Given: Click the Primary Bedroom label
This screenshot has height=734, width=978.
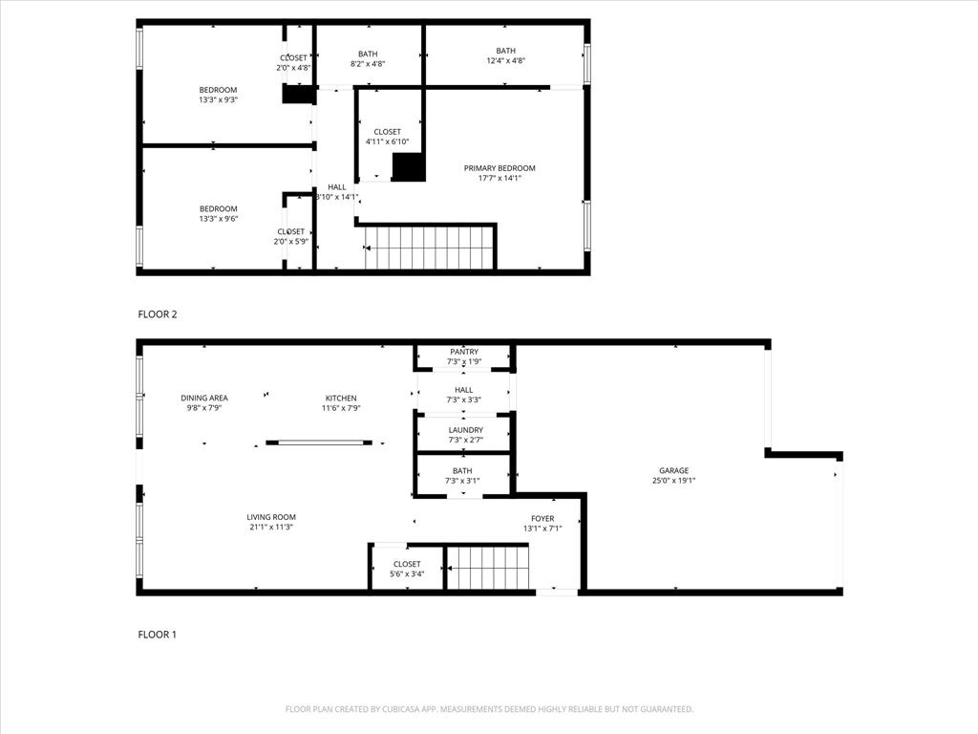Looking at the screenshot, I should pos(500,168).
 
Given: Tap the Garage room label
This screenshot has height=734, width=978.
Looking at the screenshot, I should pos(673,470).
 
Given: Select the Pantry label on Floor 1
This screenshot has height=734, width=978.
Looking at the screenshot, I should pos(464,352).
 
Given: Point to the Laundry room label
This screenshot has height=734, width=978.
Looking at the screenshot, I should pos(464,430).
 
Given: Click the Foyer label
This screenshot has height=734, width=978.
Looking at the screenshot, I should pos(542,518).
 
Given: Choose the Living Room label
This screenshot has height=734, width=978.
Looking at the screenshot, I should pos(271,517).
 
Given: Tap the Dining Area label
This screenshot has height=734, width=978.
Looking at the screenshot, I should pos(204,399).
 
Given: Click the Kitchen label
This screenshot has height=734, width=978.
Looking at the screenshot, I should pos(341,399).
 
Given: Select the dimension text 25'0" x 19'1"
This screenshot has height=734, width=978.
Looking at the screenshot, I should pos(673,481).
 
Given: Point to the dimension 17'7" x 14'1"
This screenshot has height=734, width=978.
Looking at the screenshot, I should pos(500,178).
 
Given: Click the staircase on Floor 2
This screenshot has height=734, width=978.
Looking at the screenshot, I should pos(429,248).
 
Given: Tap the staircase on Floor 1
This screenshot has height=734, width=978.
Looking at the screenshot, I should pos(487,568).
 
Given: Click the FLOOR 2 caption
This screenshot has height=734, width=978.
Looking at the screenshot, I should pos(158,314).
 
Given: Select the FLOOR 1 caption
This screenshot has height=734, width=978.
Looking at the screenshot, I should pos(158,635).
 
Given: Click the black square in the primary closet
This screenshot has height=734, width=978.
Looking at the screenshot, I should pos(409,166).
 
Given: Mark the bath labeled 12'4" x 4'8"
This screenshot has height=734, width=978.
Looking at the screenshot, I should pos(505,55).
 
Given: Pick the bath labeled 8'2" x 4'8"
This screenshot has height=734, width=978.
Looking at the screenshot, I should pos(368,57).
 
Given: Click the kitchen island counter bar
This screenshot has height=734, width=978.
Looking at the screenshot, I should pos(319,443).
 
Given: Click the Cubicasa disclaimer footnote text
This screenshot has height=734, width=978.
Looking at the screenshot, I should pos(489,709).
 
